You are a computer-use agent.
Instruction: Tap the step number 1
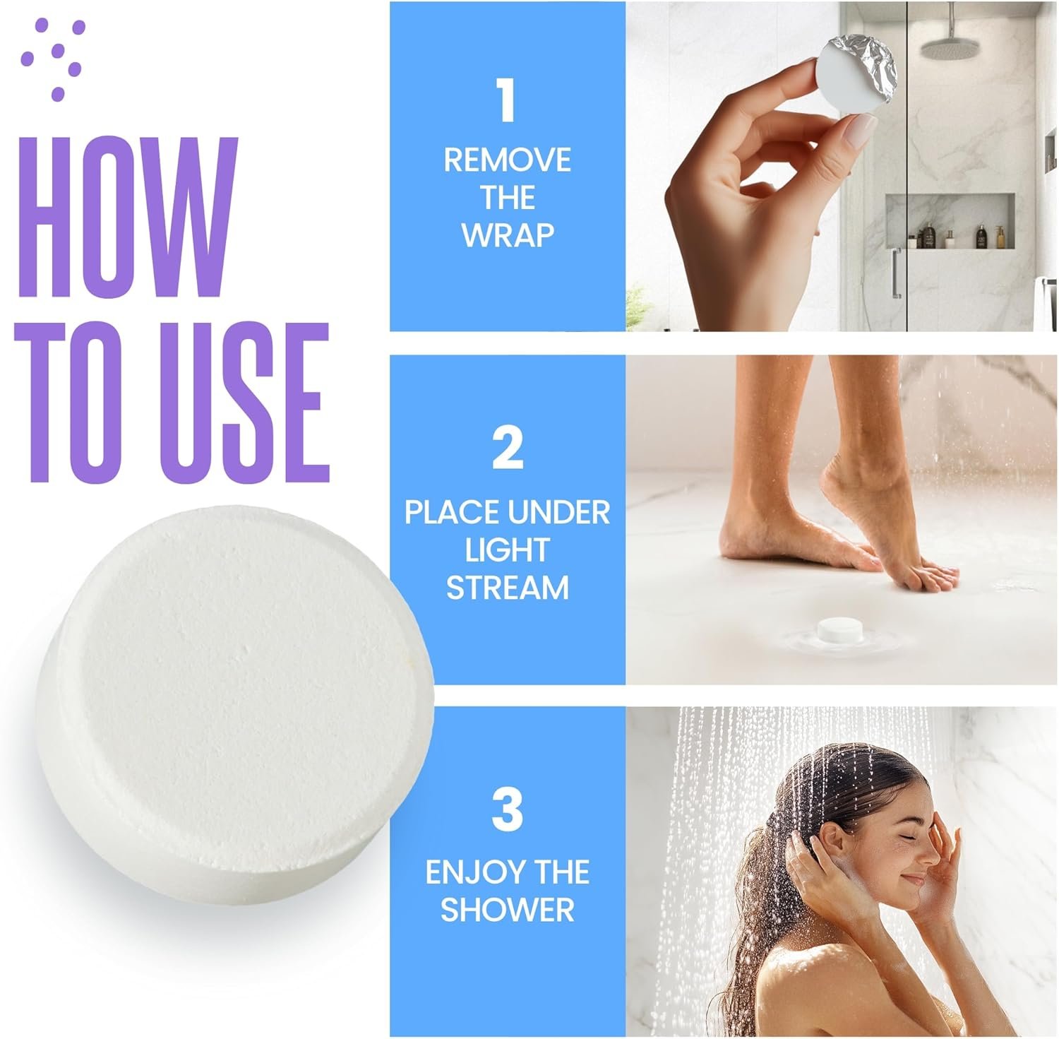point(506,100)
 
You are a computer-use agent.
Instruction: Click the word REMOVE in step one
point(507,161)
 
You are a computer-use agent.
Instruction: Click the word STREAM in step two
point(507,588)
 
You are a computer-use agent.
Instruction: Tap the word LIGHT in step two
point(507,551)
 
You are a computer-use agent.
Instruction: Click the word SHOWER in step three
point(507,910)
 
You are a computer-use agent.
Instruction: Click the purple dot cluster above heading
point(54,57)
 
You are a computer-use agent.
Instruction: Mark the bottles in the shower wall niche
point(960,234)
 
